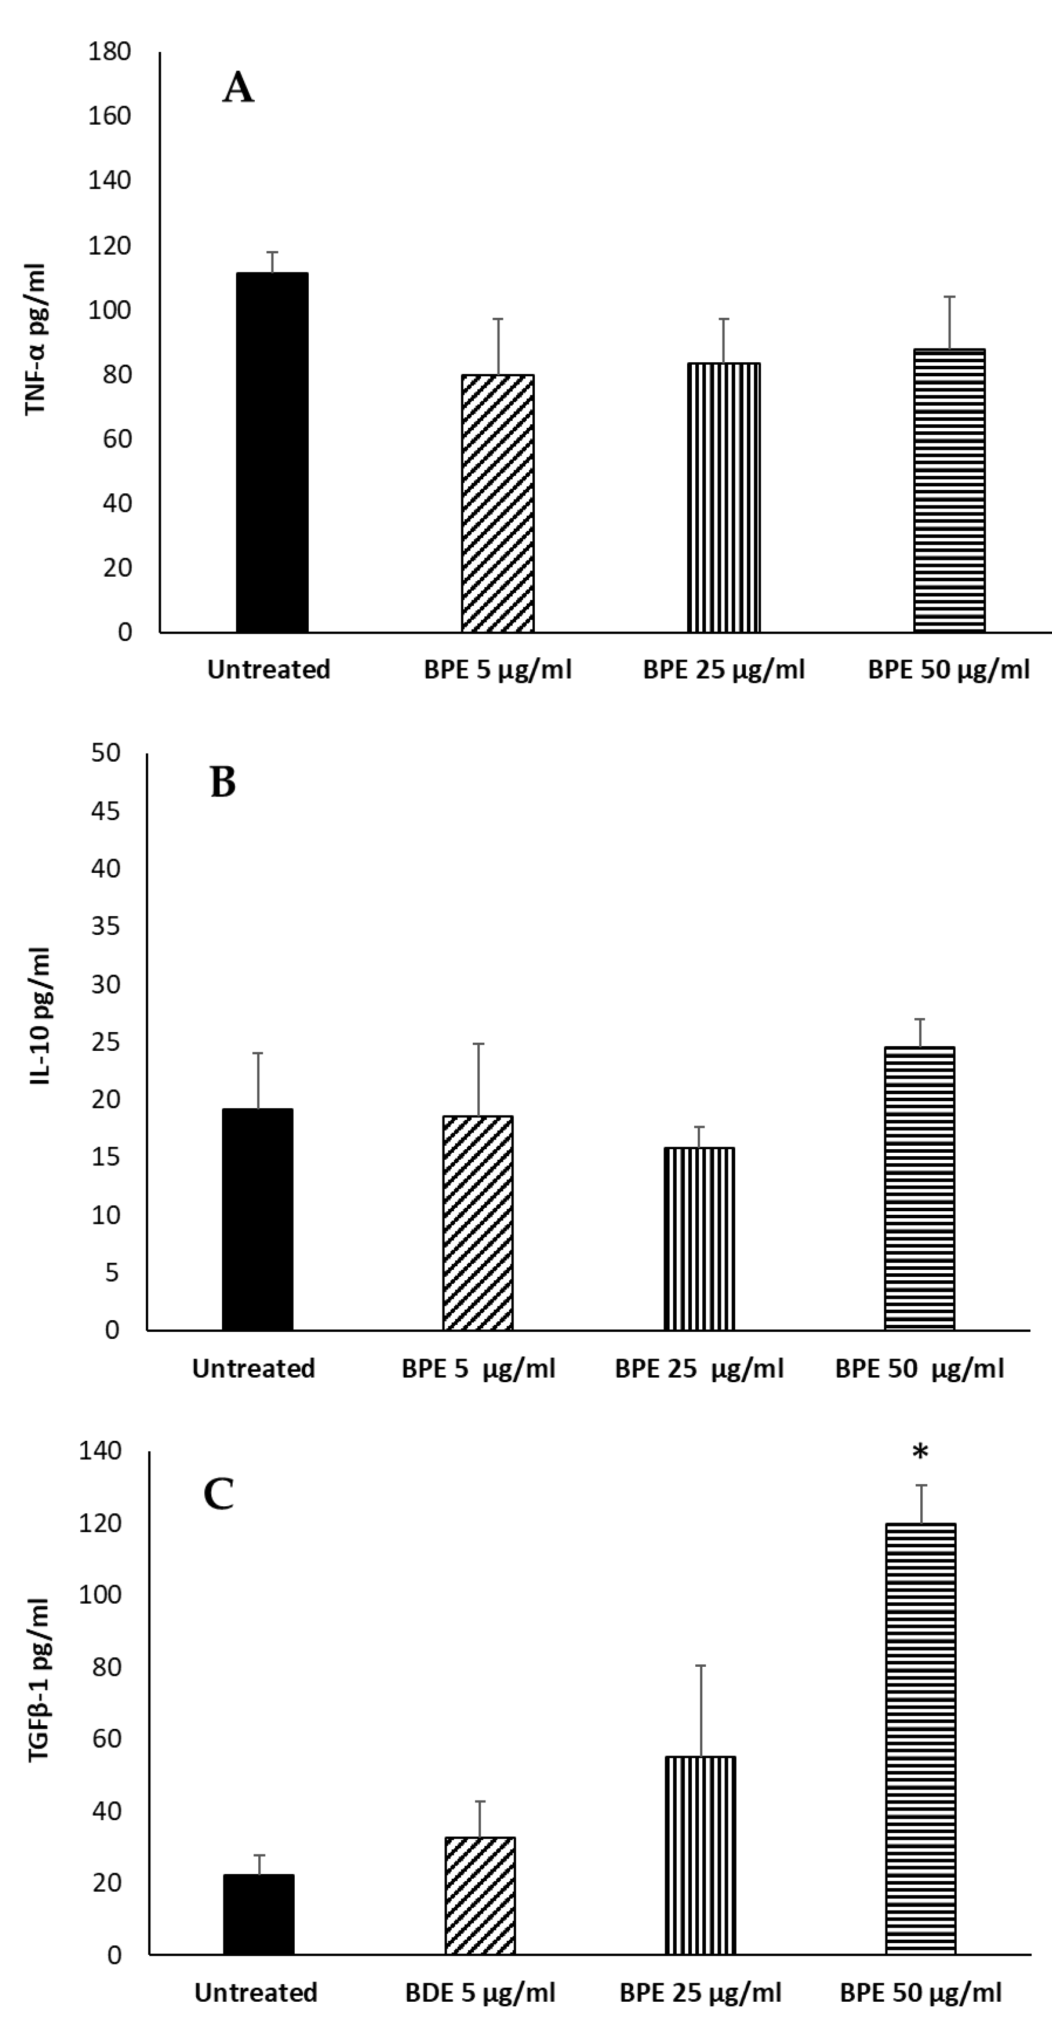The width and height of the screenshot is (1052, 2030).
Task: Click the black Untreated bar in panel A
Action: tap(272, 453)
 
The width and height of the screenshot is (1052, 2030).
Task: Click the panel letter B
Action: tap(223, 782)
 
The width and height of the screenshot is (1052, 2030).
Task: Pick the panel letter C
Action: tap(219, 1493)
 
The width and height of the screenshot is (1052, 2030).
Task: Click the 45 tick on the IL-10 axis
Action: tap(105, 810)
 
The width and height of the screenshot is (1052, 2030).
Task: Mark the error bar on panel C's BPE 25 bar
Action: tap(700, 1710)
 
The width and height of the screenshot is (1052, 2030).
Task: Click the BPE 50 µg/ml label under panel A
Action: tap(949, 670)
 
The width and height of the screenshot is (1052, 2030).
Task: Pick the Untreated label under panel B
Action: tap(253, 1368)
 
